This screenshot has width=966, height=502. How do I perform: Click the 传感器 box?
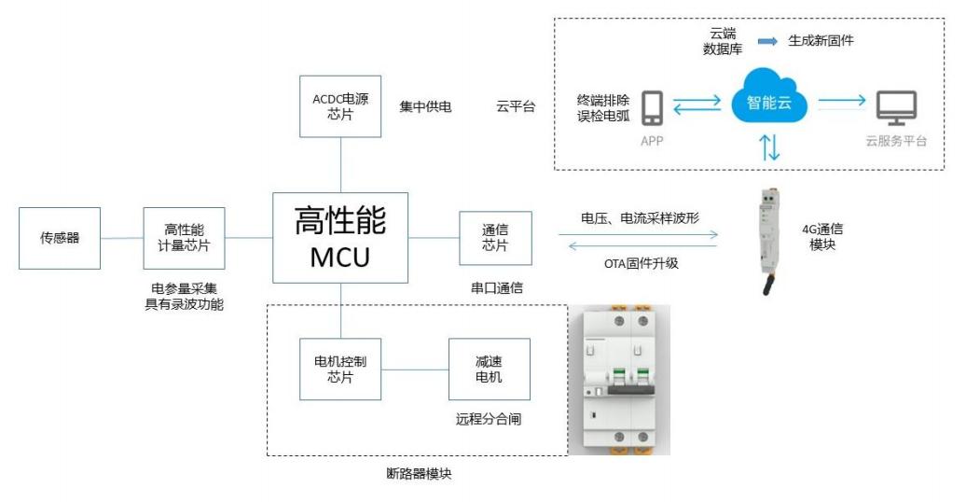(x=60, y=238)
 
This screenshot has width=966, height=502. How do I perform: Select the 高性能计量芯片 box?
(x=185, y=238)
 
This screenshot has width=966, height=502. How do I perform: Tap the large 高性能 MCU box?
(x=340, y=237)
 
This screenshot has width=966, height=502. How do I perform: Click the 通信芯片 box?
(x=495, y=238)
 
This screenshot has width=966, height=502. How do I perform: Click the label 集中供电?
(x=425, y=107)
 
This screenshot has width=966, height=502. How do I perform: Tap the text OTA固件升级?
(x=641, y=263)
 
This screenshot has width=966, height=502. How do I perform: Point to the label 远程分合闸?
(x=489, y=419)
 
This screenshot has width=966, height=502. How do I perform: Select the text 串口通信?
(x=496, y=288)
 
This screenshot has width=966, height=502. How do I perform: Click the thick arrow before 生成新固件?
(x=767, y=42)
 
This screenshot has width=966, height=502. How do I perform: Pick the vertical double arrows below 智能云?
(x=770, y=147)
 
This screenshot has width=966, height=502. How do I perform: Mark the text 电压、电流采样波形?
(x=641, y=217)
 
